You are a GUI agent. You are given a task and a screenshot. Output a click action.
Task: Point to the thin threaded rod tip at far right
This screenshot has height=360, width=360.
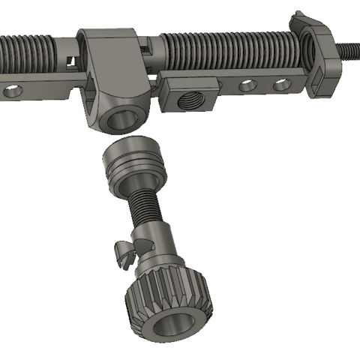[349, 50]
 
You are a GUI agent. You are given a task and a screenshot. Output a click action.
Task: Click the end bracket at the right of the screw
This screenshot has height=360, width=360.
[321, 56]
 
